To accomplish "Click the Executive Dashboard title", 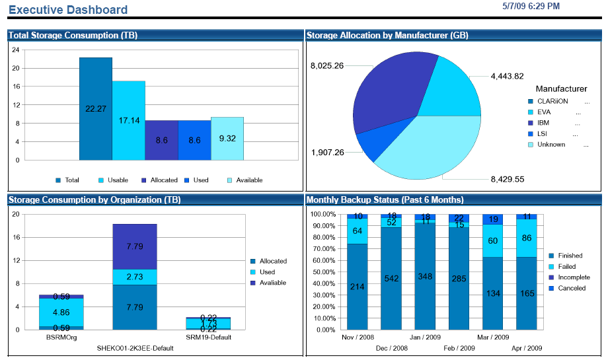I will click(68, 10).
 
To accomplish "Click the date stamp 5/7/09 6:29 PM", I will click(531, 6).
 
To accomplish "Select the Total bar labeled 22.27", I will click(96, 108).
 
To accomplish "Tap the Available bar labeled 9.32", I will click(227, 138).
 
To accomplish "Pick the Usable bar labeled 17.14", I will click(128, 120).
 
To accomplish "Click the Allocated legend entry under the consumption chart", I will click(159, 180).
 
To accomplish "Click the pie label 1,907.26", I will click(326, 153).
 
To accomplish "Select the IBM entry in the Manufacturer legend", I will click(544, 123).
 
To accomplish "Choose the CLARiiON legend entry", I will click(551, 102).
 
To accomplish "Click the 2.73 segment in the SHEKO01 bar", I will click(135, 277).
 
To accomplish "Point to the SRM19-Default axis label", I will click(208, 338).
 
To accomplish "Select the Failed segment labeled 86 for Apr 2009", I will click(526, 237).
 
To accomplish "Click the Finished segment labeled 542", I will click(392, 277).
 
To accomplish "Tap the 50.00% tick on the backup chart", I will click(323, 271).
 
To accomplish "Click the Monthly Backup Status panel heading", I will click(385, 199).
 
